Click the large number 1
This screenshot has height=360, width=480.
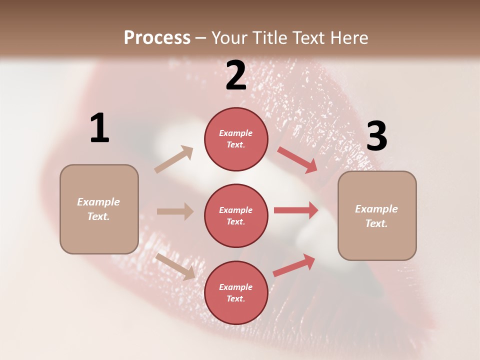pyautogui.click(x=99, y=128)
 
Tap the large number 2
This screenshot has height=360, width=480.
pyautogui.click(x=236, y=75)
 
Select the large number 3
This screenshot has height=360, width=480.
pyautogui.click(x=376, y=136)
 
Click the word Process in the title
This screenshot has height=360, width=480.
pyautogui.click(x=157, y=37)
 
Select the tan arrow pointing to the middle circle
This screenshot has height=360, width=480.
pyautogui.click(x=175, y=211)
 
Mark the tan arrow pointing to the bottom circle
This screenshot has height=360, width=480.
pyautogui.click(x=175, y=266)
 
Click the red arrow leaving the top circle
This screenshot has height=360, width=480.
pyautogui.click(x=297, y=160)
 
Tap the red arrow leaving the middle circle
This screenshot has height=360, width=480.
pyautogui.click(x=296, y=210)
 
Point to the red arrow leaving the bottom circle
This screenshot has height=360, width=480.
pyautogui.click(x=294, y=265)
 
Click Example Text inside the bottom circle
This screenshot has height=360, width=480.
pyautogui.click(x=236, y=293)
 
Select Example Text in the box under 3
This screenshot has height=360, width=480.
pyautogui.click(x=376, y=216)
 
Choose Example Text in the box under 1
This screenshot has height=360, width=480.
pyautogui.click(x=98, y=209)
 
